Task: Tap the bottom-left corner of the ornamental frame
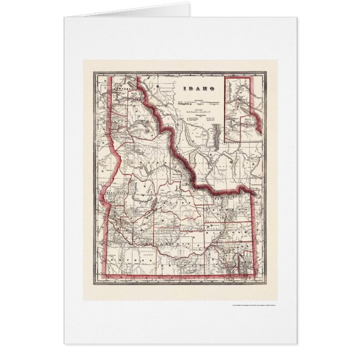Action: point(94,283)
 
